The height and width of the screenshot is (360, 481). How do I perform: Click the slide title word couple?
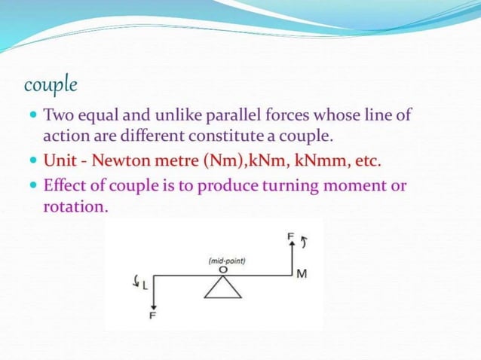(51, 84)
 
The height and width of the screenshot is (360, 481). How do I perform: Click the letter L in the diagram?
(146, 285)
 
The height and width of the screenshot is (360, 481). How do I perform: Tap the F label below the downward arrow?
(153, 317)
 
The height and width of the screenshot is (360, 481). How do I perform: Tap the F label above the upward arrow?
(291, 236)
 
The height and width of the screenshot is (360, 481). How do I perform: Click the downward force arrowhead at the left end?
(153, 305)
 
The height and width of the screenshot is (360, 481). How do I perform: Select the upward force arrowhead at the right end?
(292, 246)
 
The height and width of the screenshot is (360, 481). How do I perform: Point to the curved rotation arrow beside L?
(136, 283)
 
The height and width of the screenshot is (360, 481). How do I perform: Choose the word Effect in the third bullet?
(65, 185)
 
